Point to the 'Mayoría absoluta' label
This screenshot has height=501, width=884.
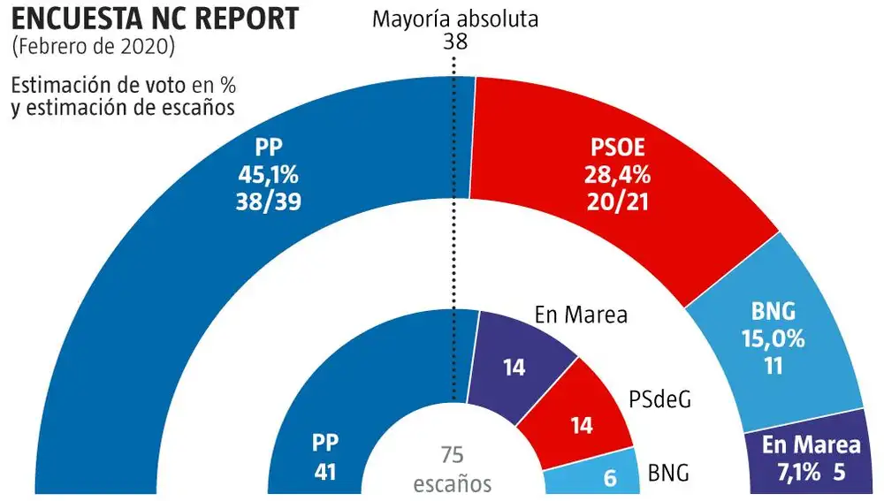(x=455, y=19)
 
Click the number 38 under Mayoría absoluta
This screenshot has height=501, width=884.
(x=455, y=42)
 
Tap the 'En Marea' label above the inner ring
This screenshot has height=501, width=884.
(x=582, y=315)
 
